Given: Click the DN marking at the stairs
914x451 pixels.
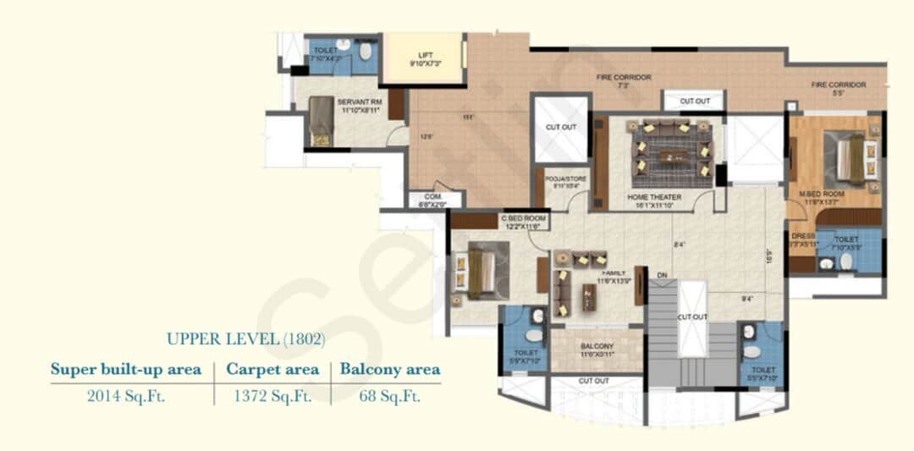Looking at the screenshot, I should pyautogui.click(x=662, y=276).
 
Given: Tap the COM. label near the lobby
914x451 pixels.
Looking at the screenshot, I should pyautogui.click(x=435, y=200).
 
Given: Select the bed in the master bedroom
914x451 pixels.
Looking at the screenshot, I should pyautogui.click(x=852, y=159).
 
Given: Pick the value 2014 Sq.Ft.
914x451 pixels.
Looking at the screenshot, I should pyautogui.click(x=126, y=396).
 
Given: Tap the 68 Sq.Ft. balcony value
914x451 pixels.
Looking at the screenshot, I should pyautogui.click(x=389, y=396).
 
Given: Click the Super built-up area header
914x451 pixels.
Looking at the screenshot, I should pyautogui.click(x=126, y=369).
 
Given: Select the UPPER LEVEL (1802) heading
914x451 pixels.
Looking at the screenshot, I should pyautogui.click(x=245, y=339).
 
